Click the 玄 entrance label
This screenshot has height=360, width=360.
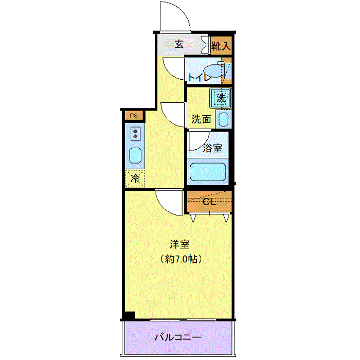[x=178, y=44]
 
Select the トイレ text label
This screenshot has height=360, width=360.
[x=199, y=78]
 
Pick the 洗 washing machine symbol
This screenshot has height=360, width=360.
[x=221, y=97]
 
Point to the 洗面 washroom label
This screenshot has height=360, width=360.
[x=201, y=119]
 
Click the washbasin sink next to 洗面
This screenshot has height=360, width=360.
[x=224, y=120]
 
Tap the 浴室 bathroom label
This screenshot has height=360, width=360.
[x=212, y=148]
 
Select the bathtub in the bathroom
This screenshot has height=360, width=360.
[x=208, y=172]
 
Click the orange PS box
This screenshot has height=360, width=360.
[x=134, y=116]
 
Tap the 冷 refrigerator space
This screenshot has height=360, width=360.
[x=135, y=178]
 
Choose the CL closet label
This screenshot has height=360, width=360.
[x=208, y=202]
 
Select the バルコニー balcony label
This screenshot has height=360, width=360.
[x=178, y=338]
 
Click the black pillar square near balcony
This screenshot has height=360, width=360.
[x=129, y=316]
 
